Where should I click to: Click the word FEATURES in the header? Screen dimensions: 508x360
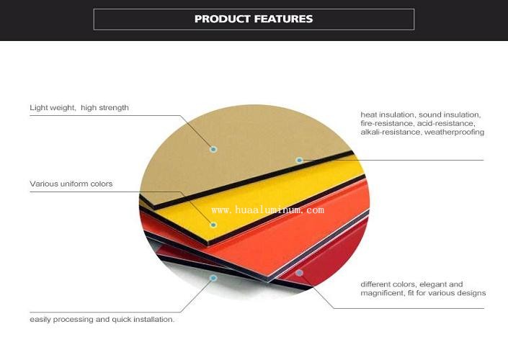(x=283, y=19)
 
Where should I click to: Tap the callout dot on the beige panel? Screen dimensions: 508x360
(x=213, y=149)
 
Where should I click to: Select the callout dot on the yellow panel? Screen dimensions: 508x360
(x=213, y=225)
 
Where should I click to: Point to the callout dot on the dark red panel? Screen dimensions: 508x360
(x=299, y=273)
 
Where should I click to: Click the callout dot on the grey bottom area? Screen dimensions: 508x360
(x=213, y=278)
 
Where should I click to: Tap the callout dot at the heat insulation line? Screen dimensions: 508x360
(x=299, y=160)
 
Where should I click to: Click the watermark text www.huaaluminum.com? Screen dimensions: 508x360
(x=267, y=210)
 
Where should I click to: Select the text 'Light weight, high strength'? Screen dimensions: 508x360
(x=79, y=108)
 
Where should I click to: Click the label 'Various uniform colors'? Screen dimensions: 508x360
(x=71, y=184)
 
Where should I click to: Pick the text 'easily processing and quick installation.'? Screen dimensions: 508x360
(x=102, y=320)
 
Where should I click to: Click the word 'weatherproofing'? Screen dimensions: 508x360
(x=454, y=132)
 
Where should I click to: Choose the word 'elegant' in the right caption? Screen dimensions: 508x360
(x=434, y=284)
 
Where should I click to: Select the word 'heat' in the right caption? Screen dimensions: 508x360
(x=368, y=114)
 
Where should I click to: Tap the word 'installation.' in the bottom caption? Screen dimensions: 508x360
(x=154, y=320)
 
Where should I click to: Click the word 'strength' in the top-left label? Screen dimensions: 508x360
(x=113, y=108)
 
